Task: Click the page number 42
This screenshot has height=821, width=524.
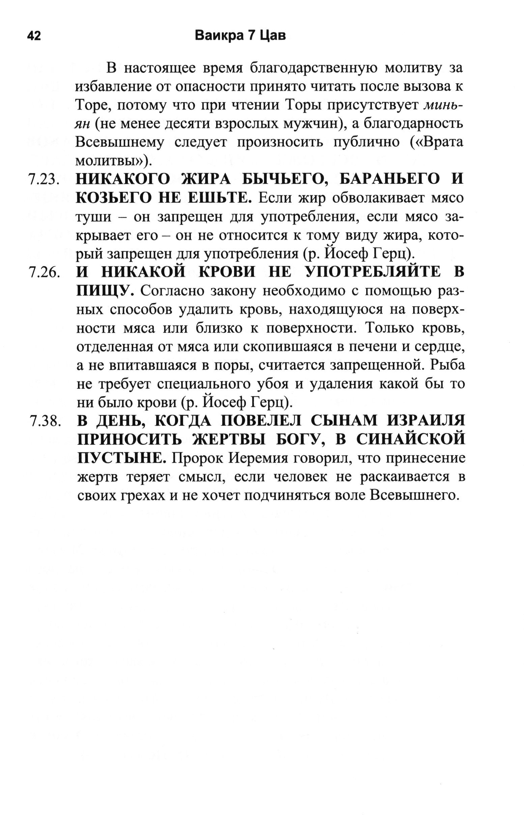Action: pyautogui.click(x=34, y=36)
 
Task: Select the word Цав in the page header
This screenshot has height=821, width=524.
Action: pyautogui.click(x=273, y=35)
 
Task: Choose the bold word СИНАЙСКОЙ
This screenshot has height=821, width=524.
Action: pyautogui.click(x=411, y=440)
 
